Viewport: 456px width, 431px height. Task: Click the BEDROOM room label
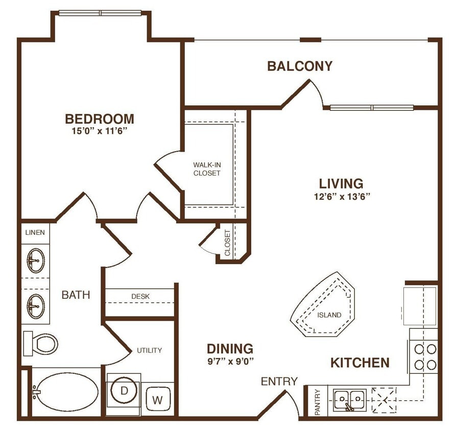[x=100, y=119]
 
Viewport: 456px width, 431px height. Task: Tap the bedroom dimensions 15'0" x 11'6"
[x=100, y=131]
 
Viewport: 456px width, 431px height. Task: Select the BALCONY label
[x=300, y=66]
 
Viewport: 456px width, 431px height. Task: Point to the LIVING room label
[x=341, y=183]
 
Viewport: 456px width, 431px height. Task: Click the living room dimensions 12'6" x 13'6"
[x=341, y=196]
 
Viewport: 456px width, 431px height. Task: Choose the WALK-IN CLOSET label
[x=207, y=169]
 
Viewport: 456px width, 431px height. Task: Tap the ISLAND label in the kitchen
[x=329, y=315]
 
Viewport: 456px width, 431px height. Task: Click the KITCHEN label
[x=360, y=363]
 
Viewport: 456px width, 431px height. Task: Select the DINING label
[x=230, y=349]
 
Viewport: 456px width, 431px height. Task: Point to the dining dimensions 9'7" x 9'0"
[x=230, y=361]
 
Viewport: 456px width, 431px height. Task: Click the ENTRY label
[x=279, y=381]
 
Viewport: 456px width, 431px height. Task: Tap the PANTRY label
[x=317, y=402]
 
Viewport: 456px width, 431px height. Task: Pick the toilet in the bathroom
[x=41, y=344]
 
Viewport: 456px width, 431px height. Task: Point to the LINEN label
[x=35, y=232]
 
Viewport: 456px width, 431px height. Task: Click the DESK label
[x=140, y=296]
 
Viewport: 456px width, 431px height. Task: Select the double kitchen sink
[x=349, y=398]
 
